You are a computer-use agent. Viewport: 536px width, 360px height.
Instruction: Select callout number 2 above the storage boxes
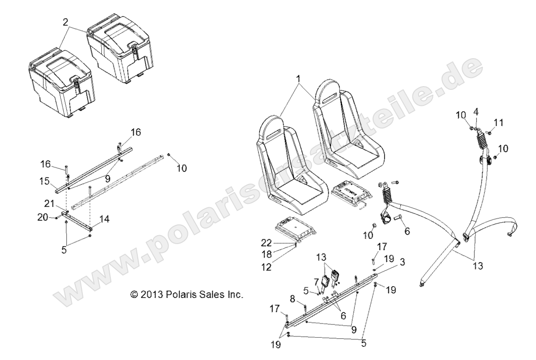(65, 22)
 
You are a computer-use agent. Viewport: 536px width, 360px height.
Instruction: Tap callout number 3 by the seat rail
(402, 261)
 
